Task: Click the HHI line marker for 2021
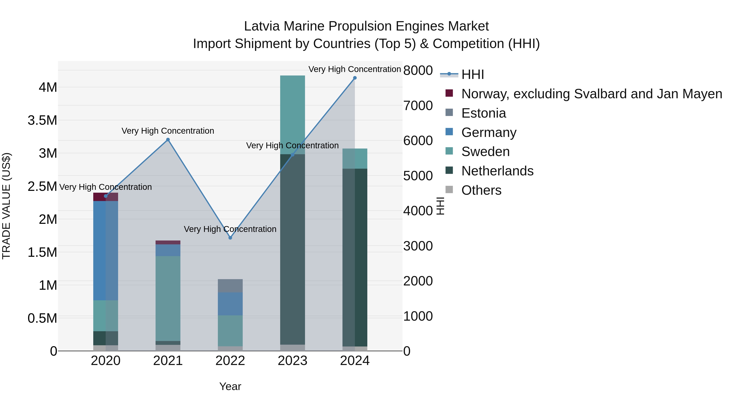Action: [x=168, y=140]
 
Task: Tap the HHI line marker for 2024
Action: [x=355, y=78]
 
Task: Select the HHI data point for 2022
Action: [x=230, y=238]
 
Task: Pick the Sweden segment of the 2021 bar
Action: [x=168, y=298]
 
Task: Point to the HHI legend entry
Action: [x=472, y=74]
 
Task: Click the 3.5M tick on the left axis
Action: [x=42, y=120]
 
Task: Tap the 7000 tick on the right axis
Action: [x=418, y=105]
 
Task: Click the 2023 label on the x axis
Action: [x=293, y=361]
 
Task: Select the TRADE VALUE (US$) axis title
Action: [x=6, y=206]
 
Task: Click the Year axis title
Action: [x=230, y=386]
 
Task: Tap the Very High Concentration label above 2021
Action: [x=168, y=131]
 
